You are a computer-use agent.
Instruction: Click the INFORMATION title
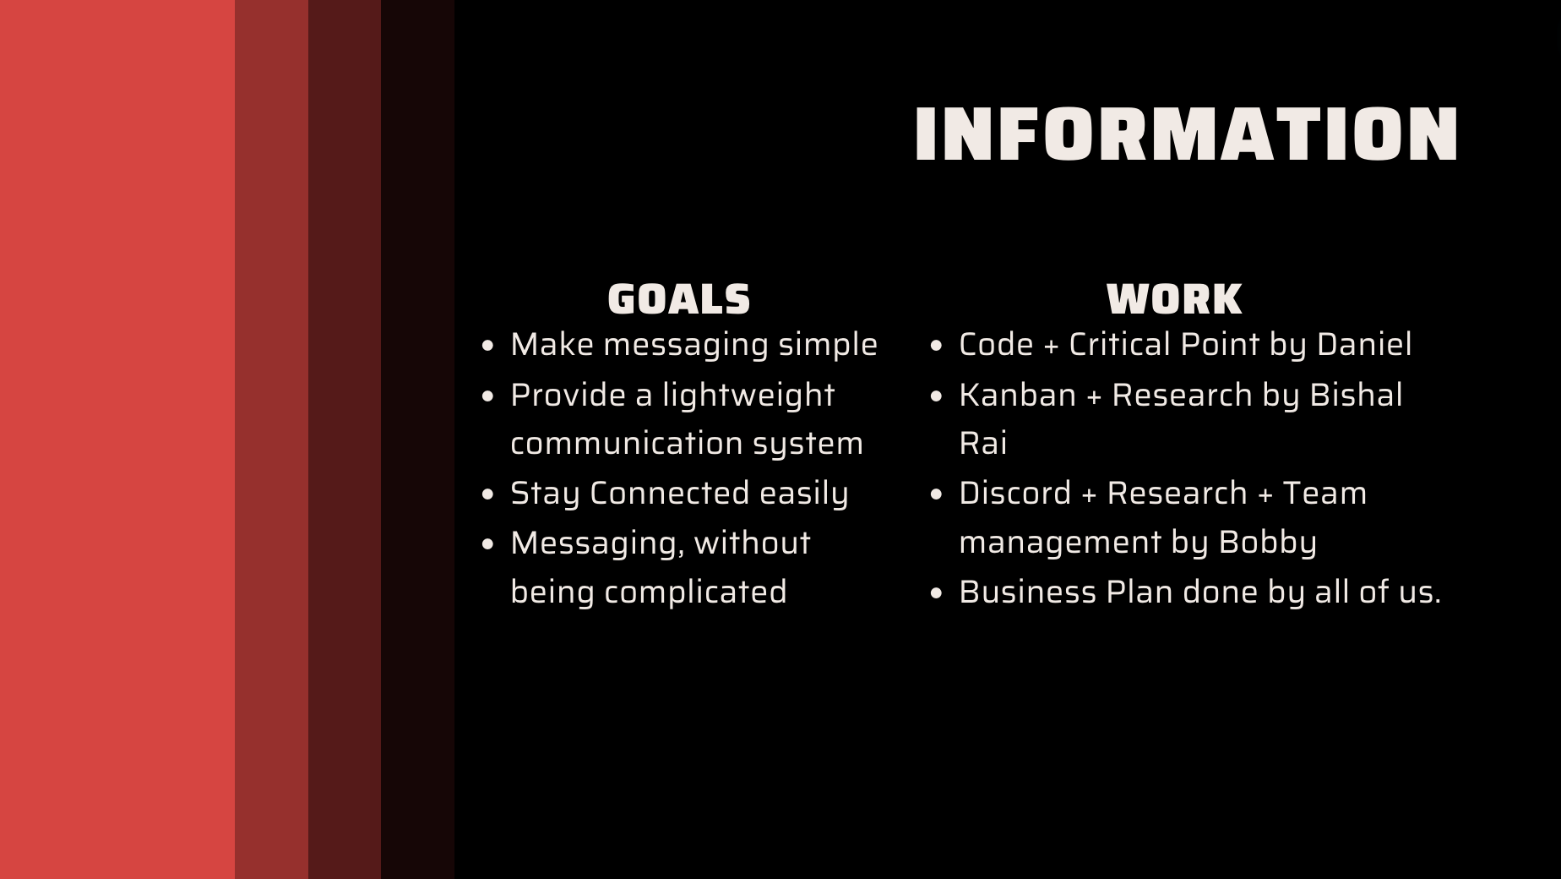coord(1186,134)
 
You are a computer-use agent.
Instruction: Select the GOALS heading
coord(679,299)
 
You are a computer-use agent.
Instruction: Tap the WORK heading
coord(1174,299)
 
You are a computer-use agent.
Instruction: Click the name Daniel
coord(1364,345)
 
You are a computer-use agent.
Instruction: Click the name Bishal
coord(1356,396)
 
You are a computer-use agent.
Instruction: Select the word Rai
coord(982,444)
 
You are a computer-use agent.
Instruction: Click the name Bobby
coord(1267,543)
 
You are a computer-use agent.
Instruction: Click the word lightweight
coord(748,396)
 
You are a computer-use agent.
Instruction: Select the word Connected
coord(669,494)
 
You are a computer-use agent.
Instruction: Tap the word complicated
coord(695,592)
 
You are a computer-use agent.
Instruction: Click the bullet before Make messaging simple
coord(487,346)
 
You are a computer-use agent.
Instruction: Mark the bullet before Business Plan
coord(935,593)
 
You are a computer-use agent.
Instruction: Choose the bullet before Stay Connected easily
coord(487,494)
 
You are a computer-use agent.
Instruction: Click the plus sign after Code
coord(1051,346)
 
